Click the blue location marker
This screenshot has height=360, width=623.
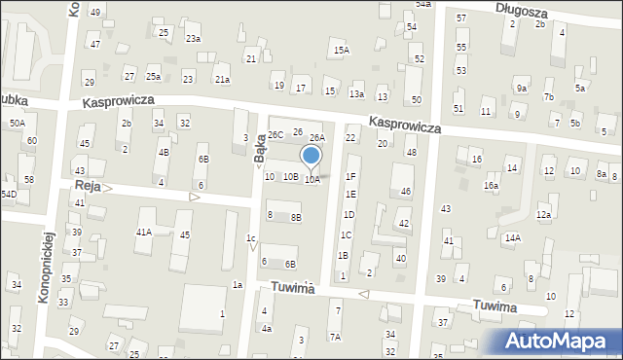[311, 156]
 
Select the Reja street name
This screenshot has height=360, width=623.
[88, 185]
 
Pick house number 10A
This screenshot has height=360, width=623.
[311, 179]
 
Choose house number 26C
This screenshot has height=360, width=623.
[275, 133]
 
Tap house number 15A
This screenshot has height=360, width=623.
[341, 50]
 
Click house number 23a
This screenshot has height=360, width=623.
[194, 38]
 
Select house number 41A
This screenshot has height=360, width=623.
[144, 233]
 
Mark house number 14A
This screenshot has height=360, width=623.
[512, 237]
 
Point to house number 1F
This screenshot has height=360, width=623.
[350, 176]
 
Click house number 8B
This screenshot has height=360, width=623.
[296, 217]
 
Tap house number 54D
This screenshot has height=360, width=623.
[9, 195]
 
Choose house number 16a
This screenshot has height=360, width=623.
[492, 185]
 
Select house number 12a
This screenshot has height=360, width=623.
[543, 214]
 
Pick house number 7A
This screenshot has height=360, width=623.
[335, 337]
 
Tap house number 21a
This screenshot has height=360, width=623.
[222, 79]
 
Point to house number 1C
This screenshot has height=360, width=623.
[346, 234]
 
